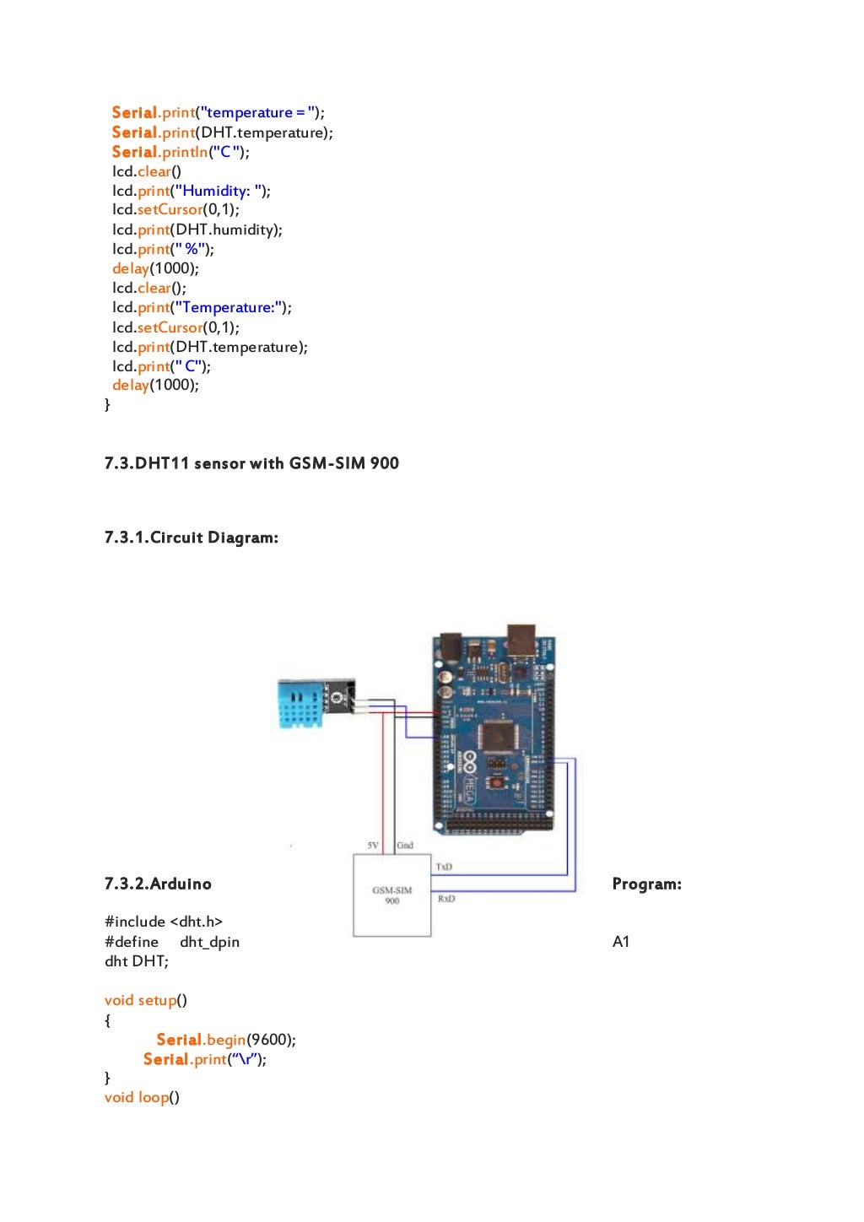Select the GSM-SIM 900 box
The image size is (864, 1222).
(x=391, y=895)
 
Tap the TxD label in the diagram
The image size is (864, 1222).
(x=444, y=867)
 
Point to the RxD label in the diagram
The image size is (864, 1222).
(x=446, y=899)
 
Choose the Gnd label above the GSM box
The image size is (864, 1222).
(x=405, y=845)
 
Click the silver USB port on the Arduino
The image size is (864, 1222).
(x=521, y=641)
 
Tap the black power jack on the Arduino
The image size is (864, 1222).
(x=451, y=646)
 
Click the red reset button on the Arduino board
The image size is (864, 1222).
(x=497, y=783)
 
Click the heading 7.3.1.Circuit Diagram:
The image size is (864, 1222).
(x=192, y=538)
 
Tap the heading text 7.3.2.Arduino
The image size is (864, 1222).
(x=158, y=884)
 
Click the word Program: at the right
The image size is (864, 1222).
(x=646, y=884)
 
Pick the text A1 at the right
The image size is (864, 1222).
(x=621, y=942)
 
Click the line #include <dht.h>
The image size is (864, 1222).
(x=164, y=922)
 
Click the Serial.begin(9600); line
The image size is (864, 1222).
(x=225, y=1040)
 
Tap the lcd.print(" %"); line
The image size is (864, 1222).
(x=163, y=249)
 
